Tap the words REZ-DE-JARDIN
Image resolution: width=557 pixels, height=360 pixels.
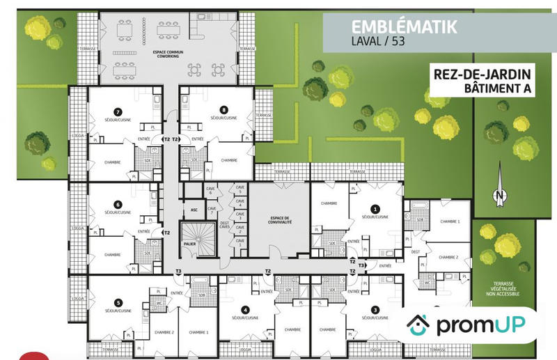(x=480, y=74)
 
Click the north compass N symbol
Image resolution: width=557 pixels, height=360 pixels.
(x=499, y=197)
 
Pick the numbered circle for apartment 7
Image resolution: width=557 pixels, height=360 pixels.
(x=118, y=111)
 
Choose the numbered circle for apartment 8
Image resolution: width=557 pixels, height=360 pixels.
(x=223, y=110)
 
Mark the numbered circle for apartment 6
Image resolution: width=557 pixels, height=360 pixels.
(x=118, y=205)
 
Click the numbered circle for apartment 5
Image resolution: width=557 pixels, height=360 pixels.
(x=118, y=303)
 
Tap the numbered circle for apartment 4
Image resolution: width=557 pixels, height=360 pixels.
(x=244, y=310)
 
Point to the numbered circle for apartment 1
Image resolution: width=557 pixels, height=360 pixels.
(x=375, y=208)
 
